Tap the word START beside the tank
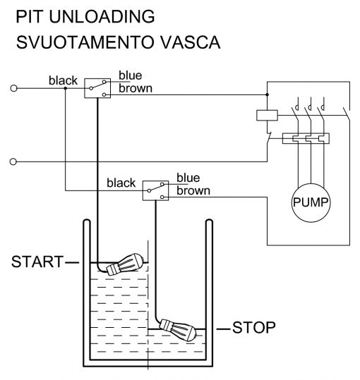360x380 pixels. coord(37,262)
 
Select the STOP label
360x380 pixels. coord(254,327)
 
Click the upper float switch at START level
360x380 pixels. coord(125,264)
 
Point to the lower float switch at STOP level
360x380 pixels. coord(178,330)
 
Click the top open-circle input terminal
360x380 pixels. coord(14,88)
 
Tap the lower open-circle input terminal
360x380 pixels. coord(13,161)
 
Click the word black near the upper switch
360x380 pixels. coord(63,80)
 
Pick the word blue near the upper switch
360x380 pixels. coord(131,75)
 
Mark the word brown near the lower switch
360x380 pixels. coord(193,191)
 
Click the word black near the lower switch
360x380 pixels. coord(121,183)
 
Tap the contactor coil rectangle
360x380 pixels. coord(267,115)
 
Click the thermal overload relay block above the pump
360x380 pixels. coord(306,138)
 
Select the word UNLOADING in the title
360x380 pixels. coord(102,17)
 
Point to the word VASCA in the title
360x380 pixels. coord(190,42)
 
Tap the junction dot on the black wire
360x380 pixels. coord(65,88)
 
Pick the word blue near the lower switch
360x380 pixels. coord(188,178)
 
